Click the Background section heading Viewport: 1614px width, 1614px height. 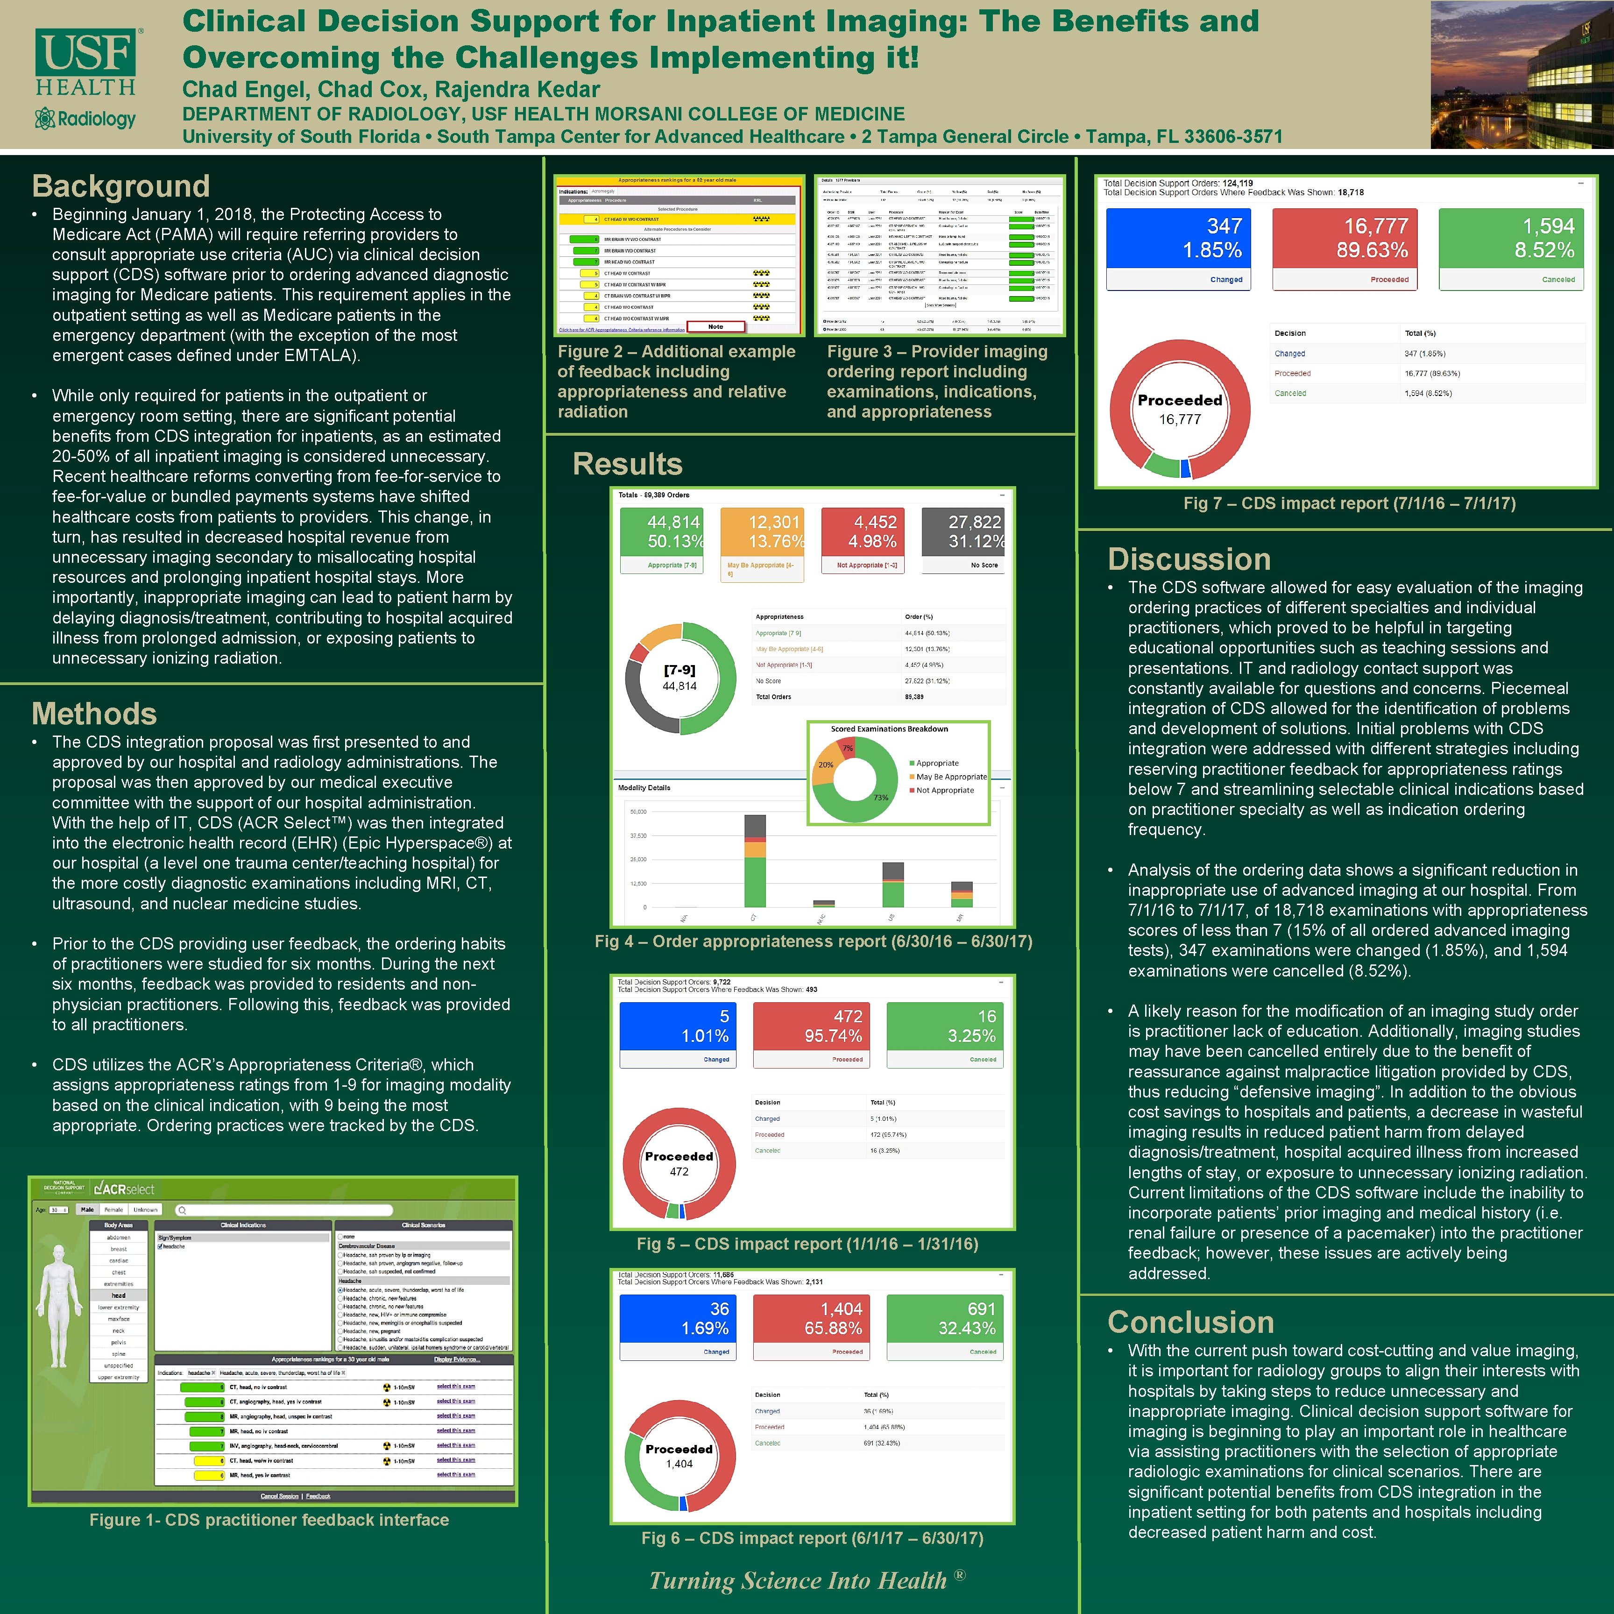pyautogui.click(x=120, y=185)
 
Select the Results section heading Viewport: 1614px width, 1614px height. pyautogui.click(x=627, y=464)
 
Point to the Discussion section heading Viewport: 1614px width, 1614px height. pyautogui.click(x=1189, y=559)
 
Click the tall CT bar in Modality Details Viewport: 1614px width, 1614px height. pyautogui.click(x=754, y=860)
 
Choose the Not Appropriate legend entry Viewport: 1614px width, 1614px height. pyautogui.click(x=944, y=790)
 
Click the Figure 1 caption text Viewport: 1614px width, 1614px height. pyautogui.click(x=269, y=1520)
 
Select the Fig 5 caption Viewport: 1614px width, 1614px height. pyautogui.click(x=807, y=1244)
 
